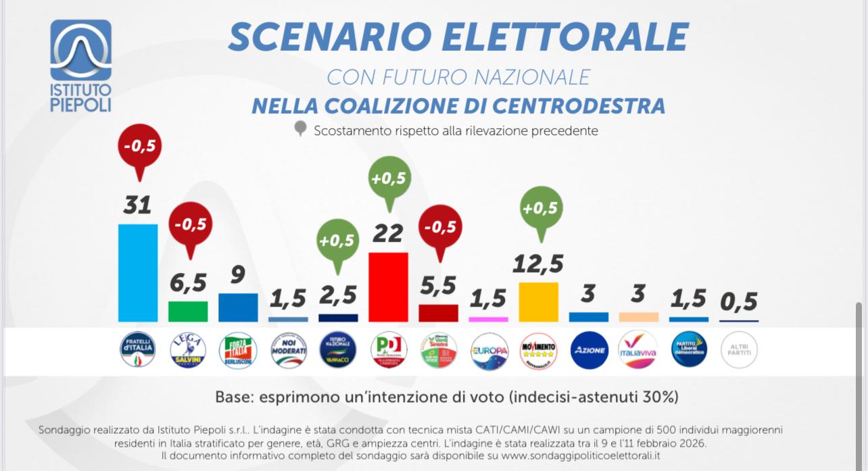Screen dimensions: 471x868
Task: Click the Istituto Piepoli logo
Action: tap(80, 64)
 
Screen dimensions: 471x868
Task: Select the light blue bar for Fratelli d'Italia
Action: tap(138, 272)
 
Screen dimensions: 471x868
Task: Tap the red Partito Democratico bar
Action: tap(388, 287)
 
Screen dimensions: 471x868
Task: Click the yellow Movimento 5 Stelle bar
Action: tap(538, 301)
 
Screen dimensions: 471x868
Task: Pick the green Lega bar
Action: tap(188, 311)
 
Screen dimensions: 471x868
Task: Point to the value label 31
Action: tap(137, 205)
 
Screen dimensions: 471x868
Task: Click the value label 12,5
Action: tap(538, 264)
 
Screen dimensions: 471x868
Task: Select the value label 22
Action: tap(388, 234)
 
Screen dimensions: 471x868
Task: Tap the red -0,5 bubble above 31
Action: tap(140, 145)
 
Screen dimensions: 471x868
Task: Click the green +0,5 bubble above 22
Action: tap(390, 178)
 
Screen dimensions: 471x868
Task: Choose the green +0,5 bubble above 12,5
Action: tap(540, 207)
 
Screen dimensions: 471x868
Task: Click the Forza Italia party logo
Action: tap(238, 350)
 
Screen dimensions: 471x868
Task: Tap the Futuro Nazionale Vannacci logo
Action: tap(338, 350)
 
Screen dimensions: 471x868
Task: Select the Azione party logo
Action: tap(589, 350)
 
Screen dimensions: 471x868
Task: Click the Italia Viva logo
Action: tap(638, 350)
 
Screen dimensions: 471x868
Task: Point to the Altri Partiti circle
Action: tap(739, 350)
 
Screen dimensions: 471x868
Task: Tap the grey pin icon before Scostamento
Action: tap(301, 129)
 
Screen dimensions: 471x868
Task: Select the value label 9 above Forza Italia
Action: tap(238, 274)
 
